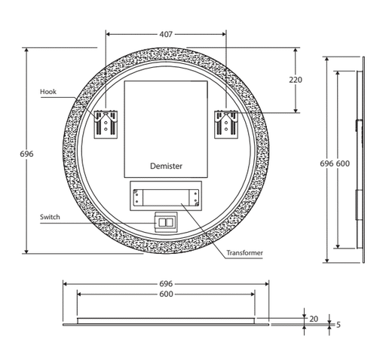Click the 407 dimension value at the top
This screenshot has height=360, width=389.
coord(166,34)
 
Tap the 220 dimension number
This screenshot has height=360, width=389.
coord(296,80)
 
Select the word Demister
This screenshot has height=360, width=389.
coord(166,166)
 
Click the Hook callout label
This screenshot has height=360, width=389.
coord(48,92)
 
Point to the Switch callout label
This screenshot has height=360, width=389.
coord(50,217)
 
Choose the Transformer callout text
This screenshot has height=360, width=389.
coord(244,253)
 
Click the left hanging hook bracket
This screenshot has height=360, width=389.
coord(106,124)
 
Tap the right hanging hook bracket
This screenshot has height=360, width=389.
coord(226,124)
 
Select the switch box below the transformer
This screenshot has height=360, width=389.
coord(166,222)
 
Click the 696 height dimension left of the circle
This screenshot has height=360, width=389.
coord(26,154)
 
